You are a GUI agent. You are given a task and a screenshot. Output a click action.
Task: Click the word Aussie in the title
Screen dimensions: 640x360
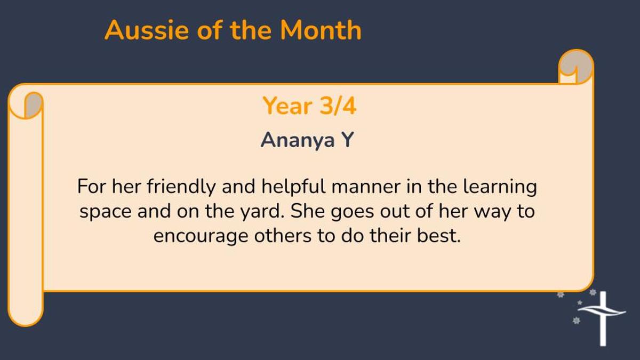click(147, 30)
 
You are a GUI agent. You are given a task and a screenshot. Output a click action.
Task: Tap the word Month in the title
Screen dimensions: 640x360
click(321, 30)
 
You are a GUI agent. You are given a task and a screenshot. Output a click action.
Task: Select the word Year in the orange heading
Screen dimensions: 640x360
click(287, 106)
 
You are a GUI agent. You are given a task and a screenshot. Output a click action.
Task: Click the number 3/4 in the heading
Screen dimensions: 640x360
click(338, 106)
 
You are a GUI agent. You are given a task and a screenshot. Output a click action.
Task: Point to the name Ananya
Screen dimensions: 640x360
click(298, 140)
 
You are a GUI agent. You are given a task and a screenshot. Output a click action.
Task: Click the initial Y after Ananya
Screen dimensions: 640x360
click(348, 139)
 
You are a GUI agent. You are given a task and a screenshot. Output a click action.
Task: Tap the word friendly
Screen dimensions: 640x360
click(181, 187)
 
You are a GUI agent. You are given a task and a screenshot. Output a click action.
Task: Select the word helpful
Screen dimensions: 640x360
click(293, 187)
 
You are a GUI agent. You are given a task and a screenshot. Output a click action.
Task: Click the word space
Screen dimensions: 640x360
click(106, 213)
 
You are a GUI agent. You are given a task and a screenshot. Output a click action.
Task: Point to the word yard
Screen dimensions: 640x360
click(262, 212)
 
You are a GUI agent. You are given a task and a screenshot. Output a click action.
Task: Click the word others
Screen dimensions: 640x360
click(283, 236)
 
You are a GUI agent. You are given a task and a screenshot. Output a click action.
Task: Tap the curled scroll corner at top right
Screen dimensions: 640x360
click(576, 67)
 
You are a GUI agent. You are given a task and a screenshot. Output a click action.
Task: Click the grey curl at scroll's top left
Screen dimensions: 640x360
click(34, 105)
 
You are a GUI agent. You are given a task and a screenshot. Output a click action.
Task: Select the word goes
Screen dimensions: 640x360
click(353, 213)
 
